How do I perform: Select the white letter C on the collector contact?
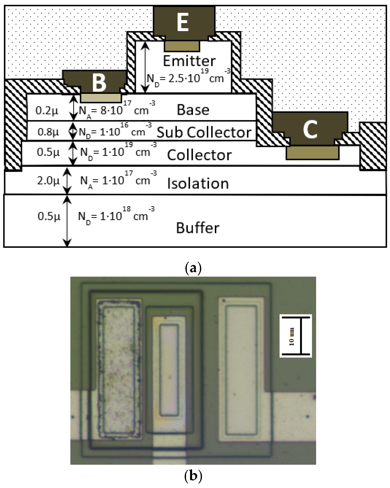(x=310, y=129)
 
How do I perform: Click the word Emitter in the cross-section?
(x=189, y=61)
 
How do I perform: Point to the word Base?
(x=193, y=110)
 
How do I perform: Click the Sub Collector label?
(x=204, y=132)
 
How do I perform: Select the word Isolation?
(x=198, y=184)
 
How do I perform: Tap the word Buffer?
(x=198, y=228)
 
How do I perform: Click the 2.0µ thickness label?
(x=48, y=181)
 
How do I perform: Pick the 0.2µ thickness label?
(x=47, y=111)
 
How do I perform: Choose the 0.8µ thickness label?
(x=48, y=132)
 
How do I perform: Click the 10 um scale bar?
(x=296, y=336)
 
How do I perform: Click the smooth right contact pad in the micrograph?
(x=241, y=370)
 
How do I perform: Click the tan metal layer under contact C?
(x=312, y=153)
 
